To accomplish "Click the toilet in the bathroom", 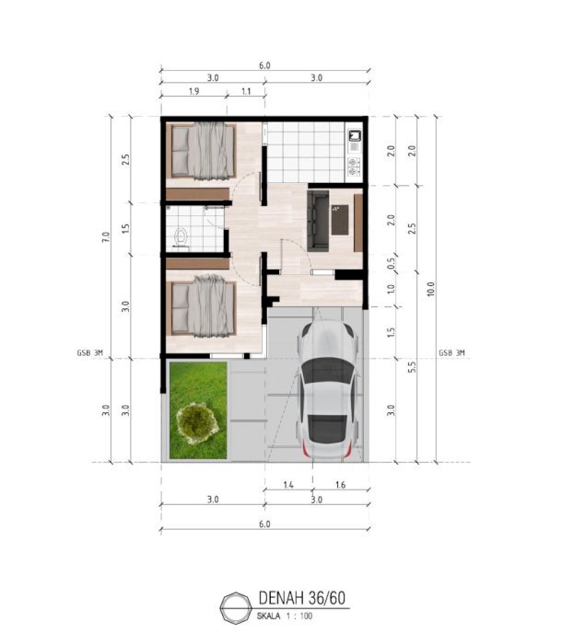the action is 181,237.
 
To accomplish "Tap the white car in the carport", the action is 327,390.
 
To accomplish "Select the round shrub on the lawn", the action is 197,423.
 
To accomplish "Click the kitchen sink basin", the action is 354,135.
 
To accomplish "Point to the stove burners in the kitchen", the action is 354,167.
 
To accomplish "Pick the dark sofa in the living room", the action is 318,221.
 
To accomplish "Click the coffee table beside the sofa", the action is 340,220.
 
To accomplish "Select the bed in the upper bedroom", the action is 204,151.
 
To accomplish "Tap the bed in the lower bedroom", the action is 204,306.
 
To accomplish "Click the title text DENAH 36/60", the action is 302,598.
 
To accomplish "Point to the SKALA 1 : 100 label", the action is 285,616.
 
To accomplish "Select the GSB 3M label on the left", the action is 89,352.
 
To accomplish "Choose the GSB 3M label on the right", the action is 451,352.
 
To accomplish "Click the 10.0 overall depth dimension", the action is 431,289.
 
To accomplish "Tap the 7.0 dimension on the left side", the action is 106,237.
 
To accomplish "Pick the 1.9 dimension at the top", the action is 193,91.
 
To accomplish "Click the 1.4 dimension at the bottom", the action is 288,485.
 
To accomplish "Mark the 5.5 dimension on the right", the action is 412,367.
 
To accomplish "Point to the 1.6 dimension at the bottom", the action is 340,485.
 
